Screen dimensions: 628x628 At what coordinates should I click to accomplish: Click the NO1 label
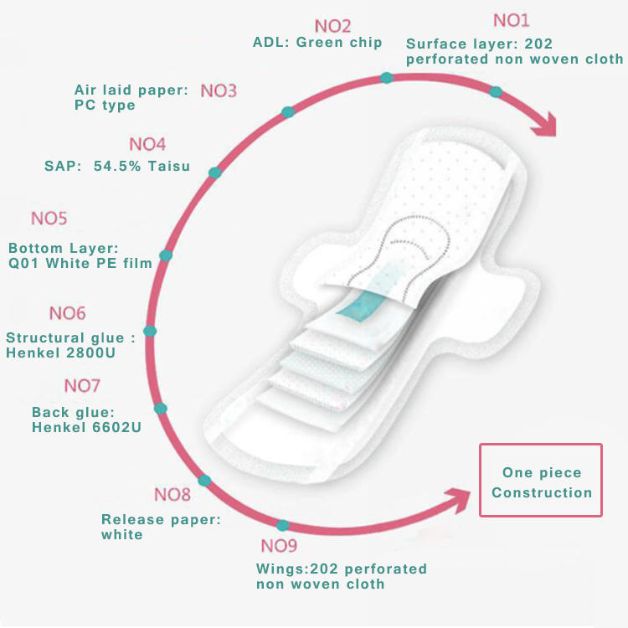(511, 20)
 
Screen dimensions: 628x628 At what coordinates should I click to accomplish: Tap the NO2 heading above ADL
(332, 27)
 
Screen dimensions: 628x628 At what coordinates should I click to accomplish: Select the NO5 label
(49, 219)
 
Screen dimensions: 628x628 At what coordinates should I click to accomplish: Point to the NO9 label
(279, 546)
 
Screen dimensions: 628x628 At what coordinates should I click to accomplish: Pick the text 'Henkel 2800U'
(60, 353)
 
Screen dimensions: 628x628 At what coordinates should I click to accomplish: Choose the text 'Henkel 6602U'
(86, 427)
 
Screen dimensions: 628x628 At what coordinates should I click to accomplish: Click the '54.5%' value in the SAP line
(117, 166)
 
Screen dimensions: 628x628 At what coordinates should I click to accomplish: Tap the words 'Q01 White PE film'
(80, 263)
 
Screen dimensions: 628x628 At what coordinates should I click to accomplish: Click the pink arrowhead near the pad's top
(544, 125)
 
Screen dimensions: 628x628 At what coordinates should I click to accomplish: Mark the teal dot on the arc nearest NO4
(215, 172)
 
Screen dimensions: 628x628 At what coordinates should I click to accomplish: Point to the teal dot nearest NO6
(150, 332)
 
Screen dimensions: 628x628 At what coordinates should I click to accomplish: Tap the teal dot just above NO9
(282, 525)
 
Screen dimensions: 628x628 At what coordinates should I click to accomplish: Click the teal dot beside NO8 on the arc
(204, 481)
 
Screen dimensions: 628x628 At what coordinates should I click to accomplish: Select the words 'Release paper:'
(161, 519)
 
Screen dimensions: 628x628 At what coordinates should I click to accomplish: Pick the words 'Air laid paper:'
(131, 90)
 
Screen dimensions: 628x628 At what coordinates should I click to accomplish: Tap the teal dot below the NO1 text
(496, 92)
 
